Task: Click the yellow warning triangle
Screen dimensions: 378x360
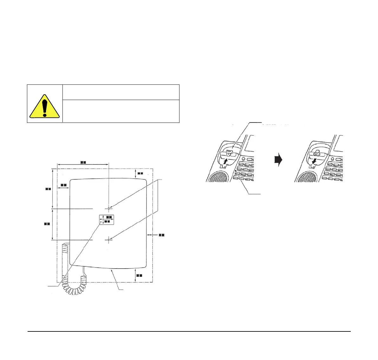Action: click(x=44, y=106)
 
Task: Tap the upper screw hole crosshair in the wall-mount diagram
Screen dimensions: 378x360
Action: click(x=109, y=209)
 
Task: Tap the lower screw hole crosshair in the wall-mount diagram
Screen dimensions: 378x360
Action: click(x=109, y=240)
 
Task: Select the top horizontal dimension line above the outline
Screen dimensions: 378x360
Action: click(x=82, y=164)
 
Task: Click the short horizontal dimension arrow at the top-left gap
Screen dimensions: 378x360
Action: click(x=63, y=187)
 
